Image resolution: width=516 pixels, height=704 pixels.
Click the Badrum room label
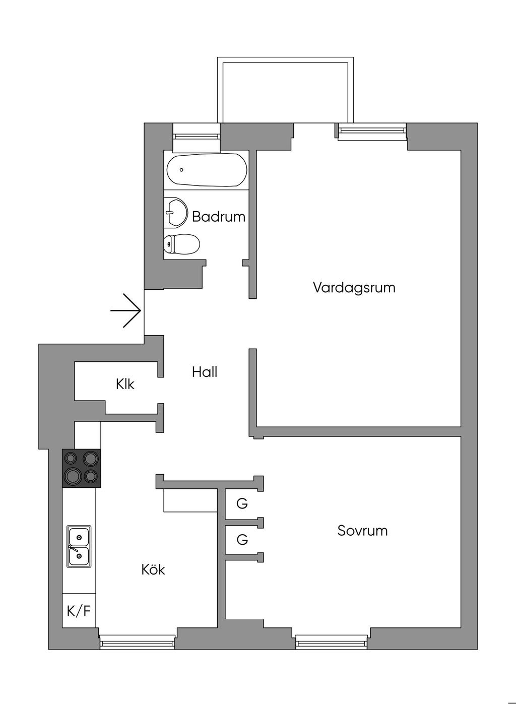point(218,217)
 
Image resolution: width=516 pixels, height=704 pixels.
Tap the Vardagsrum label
point(354,288)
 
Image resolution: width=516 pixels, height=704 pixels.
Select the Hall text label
point(205,372)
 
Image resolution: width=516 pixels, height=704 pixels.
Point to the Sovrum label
point(362,531)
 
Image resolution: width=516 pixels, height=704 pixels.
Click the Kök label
point(153,569)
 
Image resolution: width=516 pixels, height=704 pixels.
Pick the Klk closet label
point(125,384)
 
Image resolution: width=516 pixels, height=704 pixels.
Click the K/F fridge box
point(79,611)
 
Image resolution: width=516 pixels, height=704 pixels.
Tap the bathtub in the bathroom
point(207,170)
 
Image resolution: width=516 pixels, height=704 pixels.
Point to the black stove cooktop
point(81,468)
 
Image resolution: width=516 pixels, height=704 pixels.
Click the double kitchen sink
point(79,546)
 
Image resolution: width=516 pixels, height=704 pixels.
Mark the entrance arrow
point(125,311)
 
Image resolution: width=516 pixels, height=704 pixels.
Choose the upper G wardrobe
point(242,503)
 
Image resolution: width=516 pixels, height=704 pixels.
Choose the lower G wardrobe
point(242,540)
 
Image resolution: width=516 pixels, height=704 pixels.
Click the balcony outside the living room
point(285,91)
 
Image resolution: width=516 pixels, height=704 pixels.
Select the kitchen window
point(138,642)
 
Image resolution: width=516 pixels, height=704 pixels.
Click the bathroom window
point(196,136)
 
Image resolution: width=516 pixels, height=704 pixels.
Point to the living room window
point(372,131)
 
